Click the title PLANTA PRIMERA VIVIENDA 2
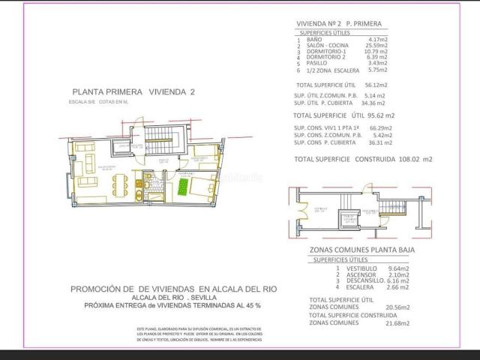coord(140,91)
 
